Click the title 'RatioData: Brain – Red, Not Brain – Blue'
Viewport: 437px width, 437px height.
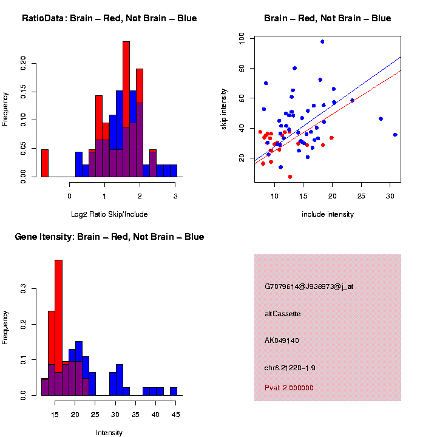click(x=109, y=18)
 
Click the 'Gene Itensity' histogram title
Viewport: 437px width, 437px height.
click(x=109, y=237)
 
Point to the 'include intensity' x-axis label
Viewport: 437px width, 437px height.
click(x=327, y=214)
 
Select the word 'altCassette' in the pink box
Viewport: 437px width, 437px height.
click(x=283, y=314)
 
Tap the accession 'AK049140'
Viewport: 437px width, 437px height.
click(x=282, y=340)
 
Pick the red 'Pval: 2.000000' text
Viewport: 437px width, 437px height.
click(x=289, y=388)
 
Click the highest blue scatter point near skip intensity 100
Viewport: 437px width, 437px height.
click(x=322, y=42)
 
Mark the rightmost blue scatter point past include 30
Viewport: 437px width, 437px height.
click(x=395, y=135)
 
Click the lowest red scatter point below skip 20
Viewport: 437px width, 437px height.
click(x=290, y=177)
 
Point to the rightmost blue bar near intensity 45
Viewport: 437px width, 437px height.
click(x=174, y=391)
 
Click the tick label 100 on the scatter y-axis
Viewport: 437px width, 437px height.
click(x=242, y=38)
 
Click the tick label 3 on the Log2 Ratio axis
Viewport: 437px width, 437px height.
click(x=175, y=196)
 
